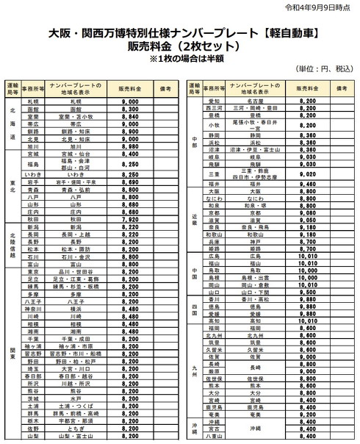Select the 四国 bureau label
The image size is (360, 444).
[193, 309]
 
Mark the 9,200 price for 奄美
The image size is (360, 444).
[308, 413]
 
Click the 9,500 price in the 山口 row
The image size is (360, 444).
[308, 291]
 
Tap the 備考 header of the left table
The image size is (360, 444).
[167, 87]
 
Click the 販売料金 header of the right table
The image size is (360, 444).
[308, 87]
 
